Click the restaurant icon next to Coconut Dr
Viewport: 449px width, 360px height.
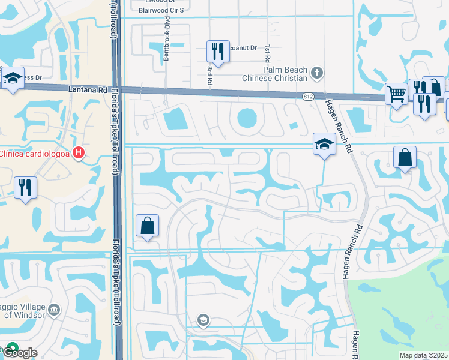(217, 52)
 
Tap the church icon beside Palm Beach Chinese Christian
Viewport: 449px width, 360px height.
(317, 74)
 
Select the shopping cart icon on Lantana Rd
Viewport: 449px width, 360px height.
(396, 94)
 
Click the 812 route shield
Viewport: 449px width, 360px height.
(307, 97)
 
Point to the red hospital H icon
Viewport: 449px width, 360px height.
(77, 154)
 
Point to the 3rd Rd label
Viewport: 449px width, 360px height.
(209, 76)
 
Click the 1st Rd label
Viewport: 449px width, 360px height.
(265, 52)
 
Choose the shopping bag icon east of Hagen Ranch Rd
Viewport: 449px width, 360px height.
(405, 158)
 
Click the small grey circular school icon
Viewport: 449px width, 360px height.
(203, 320)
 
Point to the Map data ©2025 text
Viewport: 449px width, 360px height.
(423, 355)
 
